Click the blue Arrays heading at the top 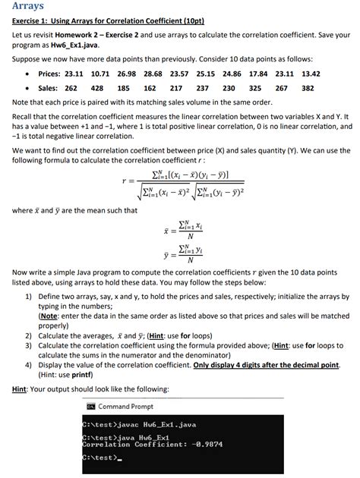(28, 6)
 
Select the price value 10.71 (101, 74)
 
